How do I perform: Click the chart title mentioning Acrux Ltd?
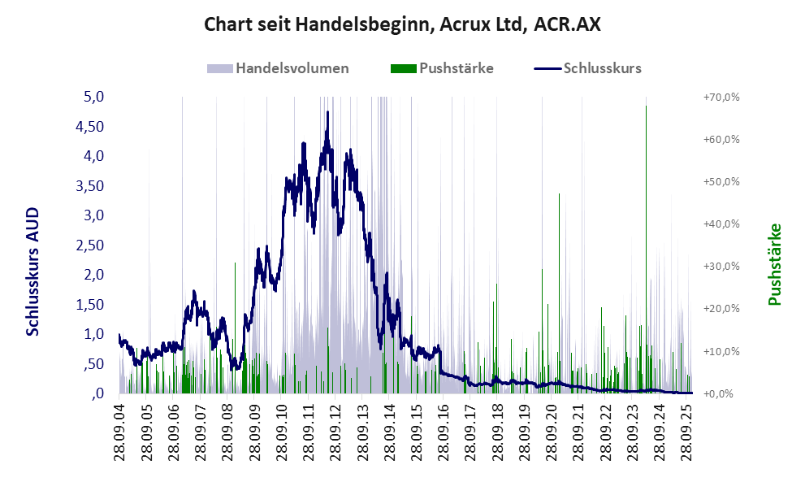click(402, 24)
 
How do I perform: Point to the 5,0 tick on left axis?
click(94, 97)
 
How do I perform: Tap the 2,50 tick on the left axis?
click(89, 245)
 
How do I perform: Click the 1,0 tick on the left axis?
click(94, 334)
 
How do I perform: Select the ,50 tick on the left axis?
click(93, 364)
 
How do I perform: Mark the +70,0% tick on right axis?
click(721, 97)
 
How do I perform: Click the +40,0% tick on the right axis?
click(721, 224)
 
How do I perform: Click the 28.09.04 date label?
click(119, 431)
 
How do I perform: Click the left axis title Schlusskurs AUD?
click(33, 271)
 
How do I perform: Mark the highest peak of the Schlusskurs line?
click(327, 113)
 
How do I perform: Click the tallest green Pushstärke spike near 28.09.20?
click(560, 195)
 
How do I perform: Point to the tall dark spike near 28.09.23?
click(647, 107)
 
